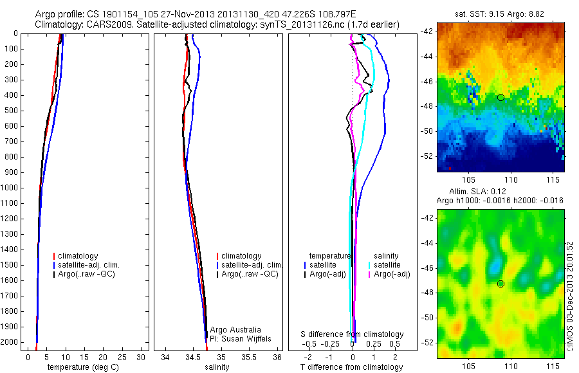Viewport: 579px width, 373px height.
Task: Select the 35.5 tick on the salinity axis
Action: [250, 357]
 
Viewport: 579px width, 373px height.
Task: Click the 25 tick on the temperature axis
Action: [122, 357]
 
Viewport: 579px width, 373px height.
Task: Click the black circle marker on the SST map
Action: [500, 97]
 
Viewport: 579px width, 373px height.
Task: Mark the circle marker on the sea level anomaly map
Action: [500, 284]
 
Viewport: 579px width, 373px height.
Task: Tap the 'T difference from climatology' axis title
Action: [351, 367]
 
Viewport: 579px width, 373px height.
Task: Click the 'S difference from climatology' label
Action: [353, 334]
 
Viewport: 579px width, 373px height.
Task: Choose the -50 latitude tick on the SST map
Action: [427, 131]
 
